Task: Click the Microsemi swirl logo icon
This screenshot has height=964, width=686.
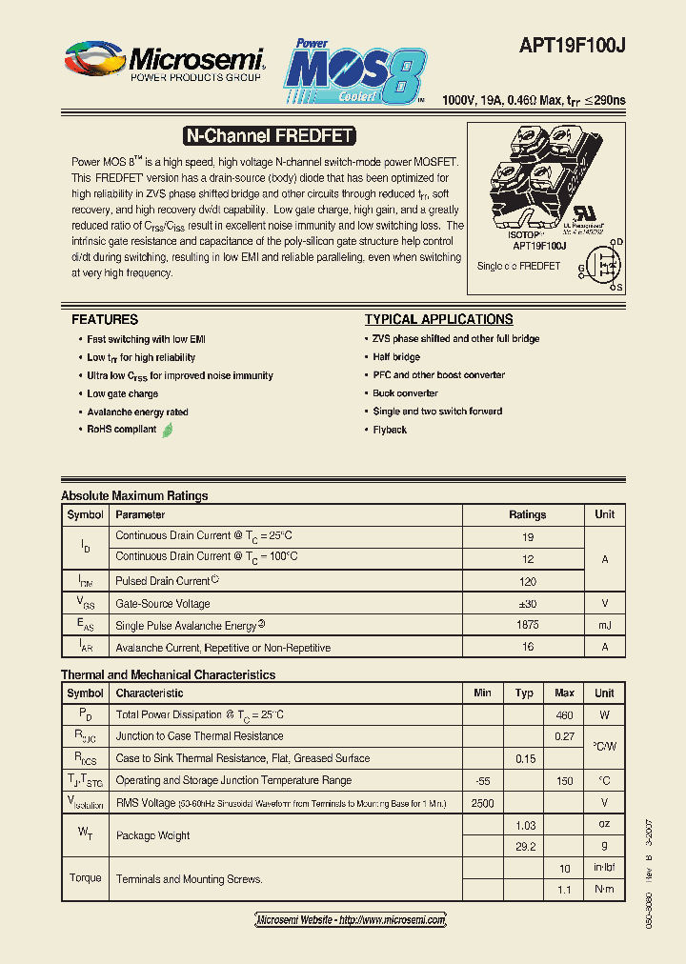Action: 94,60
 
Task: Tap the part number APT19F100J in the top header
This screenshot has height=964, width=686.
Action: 572,45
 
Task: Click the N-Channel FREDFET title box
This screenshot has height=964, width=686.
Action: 268,136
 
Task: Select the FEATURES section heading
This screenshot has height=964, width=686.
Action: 105,320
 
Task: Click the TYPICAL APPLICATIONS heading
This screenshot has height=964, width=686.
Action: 438,320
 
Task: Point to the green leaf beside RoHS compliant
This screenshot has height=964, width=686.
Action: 168,430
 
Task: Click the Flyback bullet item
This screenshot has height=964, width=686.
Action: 390,431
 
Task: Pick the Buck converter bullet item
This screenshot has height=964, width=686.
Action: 405,393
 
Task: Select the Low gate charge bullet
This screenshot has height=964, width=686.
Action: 122,393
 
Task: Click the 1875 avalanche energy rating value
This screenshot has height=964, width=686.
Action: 527,625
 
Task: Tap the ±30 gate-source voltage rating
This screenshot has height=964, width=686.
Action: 527,603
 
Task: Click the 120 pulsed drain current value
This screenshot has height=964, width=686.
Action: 527,580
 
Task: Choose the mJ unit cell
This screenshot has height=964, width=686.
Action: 605,625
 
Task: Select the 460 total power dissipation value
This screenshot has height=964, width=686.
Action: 564,714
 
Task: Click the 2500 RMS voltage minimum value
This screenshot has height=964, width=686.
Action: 482,803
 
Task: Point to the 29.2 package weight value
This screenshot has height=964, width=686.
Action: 524,846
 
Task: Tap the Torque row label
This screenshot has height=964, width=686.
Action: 86,878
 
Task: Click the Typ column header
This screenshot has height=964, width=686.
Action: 524,693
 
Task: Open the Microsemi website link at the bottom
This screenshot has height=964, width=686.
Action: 351,920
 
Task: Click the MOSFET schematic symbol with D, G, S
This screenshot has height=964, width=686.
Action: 602,264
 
